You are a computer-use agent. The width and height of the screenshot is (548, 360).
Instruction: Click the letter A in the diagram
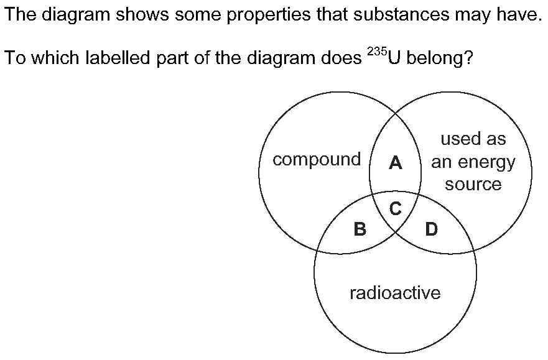[x=395, y=163]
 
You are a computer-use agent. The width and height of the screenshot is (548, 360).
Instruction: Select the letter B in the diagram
[x=360, y=229]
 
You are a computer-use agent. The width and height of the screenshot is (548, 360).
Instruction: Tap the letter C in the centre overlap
[x=395, y=209]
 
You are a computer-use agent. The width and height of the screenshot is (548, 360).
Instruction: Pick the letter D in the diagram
[x=432, y=229]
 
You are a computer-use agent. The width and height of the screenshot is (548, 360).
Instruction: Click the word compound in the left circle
[x=317, y=160]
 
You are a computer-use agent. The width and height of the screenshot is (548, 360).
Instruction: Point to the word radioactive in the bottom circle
[x=395, y=293]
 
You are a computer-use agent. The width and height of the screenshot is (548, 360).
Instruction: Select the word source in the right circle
[x=473, y=185]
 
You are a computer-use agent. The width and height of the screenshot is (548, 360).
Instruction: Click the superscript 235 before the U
[x=377, y=52]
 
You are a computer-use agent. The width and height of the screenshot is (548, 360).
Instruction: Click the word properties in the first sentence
[x=269, y=15]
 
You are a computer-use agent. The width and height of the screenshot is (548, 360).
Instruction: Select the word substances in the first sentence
[x=402, y=14]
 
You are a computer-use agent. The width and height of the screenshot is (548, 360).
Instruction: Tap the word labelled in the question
[x=118, y=58]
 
